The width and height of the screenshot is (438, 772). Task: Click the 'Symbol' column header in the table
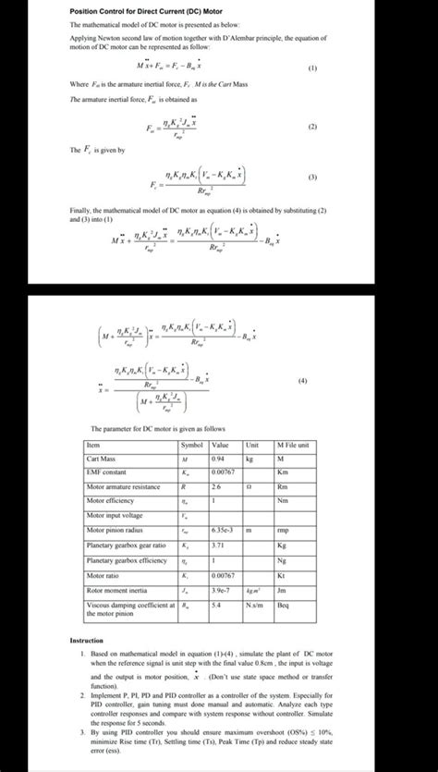(192, 444)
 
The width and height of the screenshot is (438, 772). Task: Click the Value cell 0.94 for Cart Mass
(219, 458)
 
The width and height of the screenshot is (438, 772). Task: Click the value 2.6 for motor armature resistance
(215, 486)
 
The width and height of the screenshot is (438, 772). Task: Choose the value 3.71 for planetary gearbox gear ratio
(217, 545)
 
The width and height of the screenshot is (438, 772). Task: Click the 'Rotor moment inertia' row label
(116, 589)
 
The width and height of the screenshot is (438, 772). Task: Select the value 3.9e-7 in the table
(220, 589)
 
